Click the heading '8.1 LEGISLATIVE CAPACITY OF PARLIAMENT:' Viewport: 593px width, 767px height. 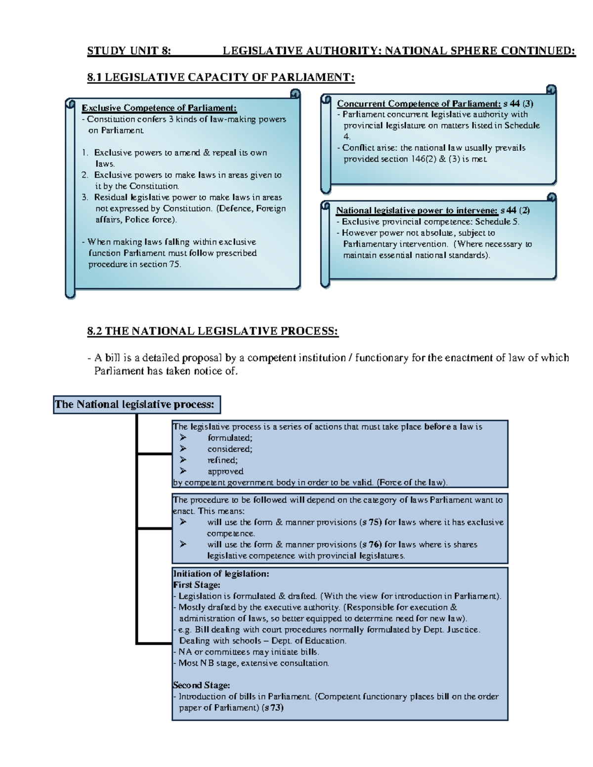click(220, 77)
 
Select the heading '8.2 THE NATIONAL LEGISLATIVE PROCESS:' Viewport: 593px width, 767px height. click(212, 331)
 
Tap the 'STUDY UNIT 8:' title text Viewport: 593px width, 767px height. click(129, 51)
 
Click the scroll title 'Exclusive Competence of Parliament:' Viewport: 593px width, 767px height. click(159, 108)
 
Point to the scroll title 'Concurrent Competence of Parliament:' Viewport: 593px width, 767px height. click(419, 104)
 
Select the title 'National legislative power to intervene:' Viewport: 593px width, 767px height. click(417, 210)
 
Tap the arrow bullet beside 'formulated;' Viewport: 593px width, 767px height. click(183, 438)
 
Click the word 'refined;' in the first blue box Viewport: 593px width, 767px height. click(222, 460)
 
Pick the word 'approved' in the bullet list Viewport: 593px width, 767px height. click(225, 471)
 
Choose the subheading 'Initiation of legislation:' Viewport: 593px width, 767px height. click(221, 574)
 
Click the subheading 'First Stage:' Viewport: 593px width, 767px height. click(197, 585)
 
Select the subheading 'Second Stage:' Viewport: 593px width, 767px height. click(202, 686)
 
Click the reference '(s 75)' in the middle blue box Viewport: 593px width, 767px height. click(370, 522)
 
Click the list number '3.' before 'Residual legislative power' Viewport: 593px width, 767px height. click(85, 198)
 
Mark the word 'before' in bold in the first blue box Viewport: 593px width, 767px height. click(437, 427)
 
